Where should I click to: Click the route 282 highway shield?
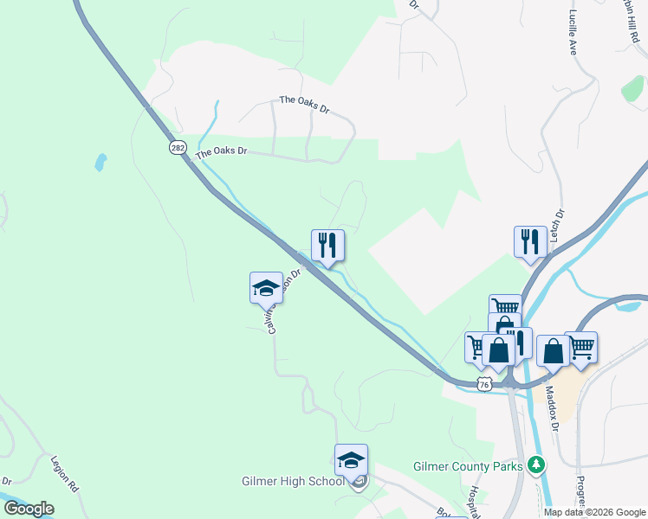[x=178, y=148]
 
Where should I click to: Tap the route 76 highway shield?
[x=485, y=383]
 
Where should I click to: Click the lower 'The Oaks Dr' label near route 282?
[x=222, y=152]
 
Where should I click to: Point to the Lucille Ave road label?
[x=573, y=35]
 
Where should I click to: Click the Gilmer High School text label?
[x=293, y=481]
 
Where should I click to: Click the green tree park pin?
[x=537, y=466]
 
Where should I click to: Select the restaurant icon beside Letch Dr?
[x=529, y=241]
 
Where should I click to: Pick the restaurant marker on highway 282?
[x=327, y=245]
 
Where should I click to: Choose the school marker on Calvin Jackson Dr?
[x=266, y=287]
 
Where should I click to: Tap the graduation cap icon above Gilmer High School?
[x=351, y=459]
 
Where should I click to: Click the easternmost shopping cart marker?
[x=580, y=347]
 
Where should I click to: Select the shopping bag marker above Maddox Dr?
[x=552, y=351]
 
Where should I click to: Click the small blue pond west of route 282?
[x=101, y=162]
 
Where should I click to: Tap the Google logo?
[x=29, y=509]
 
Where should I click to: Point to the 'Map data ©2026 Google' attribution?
[x=594, y=512]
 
